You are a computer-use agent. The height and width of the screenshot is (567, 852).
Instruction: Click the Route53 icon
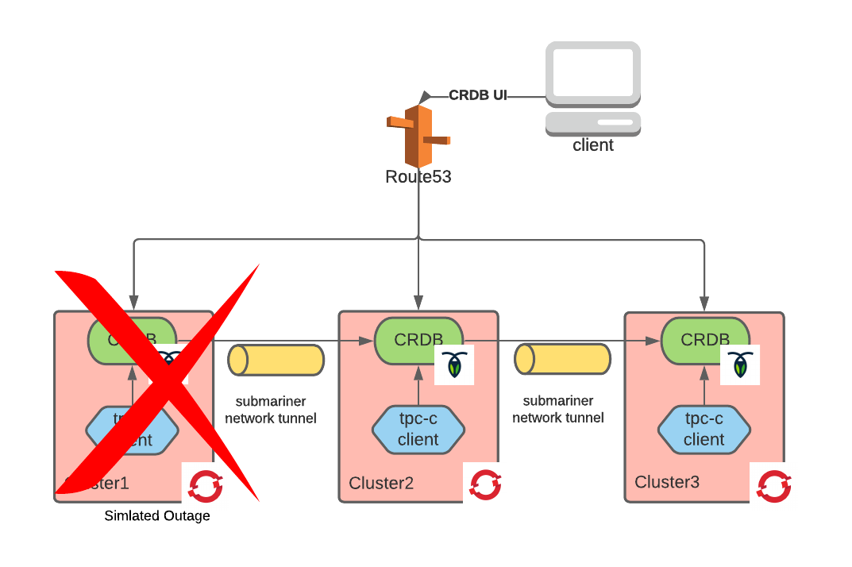click(418, 135)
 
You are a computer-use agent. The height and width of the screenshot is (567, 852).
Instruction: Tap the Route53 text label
click(418, 177)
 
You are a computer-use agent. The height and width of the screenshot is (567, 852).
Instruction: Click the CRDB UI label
click(478, 96)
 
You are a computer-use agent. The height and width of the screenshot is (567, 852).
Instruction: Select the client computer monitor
click(592, 74)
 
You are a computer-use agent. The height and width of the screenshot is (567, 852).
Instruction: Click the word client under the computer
click(592, 145)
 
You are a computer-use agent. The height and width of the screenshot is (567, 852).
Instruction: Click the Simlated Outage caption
click(157, 516)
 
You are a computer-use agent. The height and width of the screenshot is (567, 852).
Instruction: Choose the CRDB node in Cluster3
click(704, 340)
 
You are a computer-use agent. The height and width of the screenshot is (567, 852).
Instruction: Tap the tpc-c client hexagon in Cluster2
click(418, 430)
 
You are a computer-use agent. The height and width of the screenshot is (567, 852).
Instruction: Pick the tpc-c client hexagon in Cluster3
click(704, 430)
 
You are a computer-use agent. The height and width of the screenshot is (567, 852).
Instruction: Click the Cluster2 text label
click(381, 483)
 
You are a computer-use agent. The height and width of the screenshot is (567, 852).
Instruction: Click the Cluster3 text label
click(667, 482)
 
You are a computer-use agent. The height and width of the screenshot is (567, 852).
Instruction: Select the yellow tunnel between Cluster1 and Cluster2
click(276, 360)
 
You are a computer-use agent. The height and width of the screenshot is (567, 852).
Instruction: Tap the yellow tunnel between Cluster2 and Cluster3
click(561, 360)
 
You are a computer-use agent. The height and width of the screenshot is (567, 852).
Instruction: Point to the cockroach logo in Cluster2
click(454, 365)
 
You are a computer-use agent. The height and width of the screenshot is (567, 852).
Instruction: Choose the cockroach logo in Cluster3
click(740, 365)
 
